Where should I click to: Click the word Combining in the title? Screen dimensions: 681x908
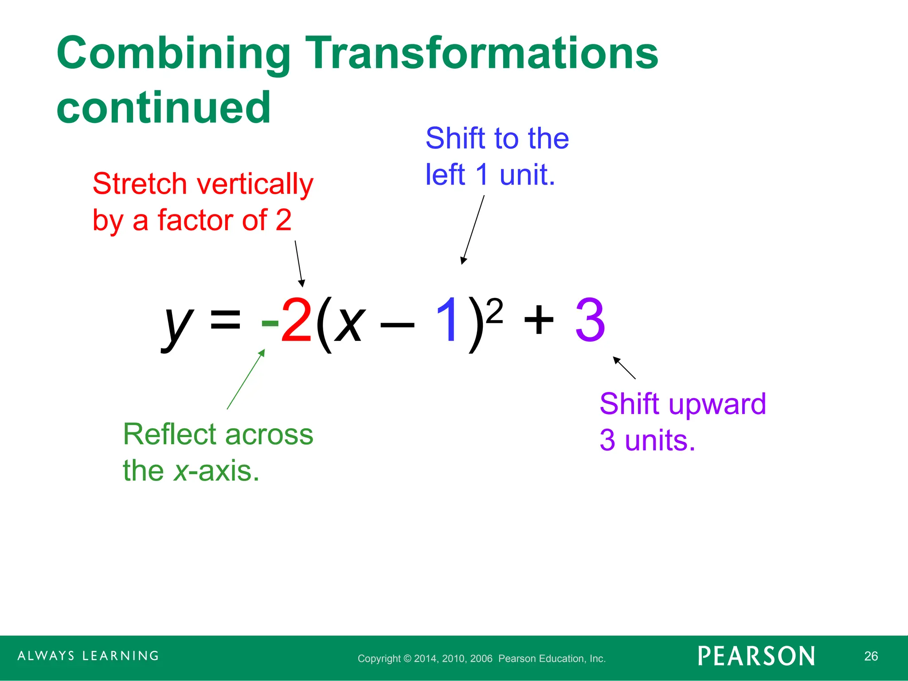[x=173, y=54]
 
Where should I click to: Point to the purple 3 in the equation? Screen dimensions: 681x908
[x=590, y=320]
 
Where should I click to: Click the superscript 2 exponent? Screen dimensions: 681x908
[x=494, y=311]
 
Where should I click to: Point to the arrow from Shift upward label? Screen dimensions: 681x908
[x=624, y=368]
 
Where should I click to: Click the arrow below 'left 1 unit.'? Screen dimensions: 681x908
[x=473, y=230]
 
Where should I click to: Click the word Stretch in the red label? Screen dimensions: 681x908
[x=140, y=184]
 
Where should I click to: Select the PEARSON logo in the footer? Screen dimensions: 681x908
[x=756, y=656]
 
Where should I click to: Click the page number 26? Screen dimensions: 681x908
[x=871, y=656]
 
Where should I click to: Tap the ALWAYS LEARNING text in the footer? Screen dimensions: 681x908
[x=88, y=656]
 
